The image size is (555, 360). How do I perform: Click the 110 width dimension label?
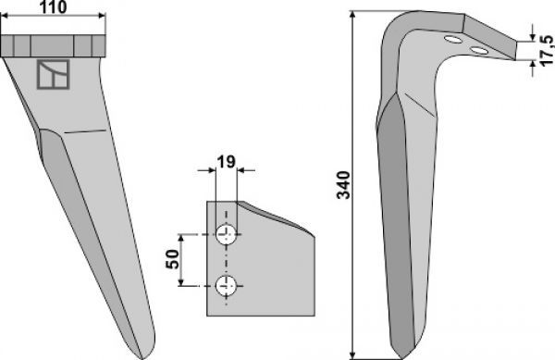53,7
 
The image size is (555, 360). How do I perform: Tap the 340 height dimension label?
343,185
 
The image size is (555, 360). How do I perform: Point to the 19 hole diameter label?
226,162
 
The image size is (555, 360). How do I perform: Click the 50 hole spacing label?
173,259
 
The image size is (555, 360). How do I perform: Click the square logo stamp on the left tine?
53,74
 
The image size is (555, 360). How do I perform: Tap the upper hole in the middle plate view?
227,234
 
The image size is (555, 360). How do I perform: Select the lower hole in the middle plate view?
227,285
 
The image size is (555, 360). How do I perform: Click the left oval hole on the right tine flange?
452,39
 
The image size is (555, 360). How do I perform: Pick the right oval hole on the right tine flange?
479,51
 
